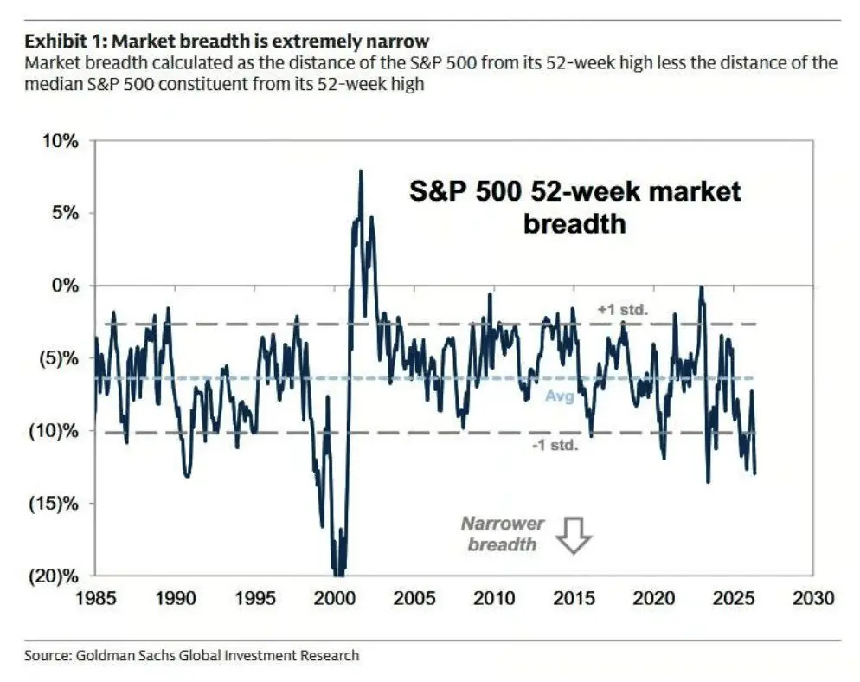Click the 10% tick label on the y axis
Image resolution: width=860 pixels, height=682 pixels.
61,141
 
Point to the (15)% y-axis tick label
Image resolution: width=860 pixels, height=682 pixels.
54,503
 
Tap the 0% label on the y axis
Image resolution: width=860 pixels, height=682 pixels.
65,286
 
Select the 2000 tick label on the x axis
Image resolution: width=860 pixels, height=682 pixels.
335,597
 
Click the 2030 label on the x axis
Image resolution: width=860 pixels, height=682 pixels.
813,597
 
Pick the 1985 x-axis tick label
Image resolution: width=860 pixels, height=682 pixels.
95,597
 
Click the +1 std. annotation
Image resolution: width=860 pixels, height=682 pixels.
623,310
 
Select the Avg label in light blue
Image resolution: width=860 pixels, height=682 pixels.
560,396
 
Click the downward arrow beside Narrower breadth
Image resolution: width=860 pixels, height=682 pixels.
574,535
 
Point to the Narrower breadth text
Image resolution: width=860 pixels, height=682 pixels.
503,534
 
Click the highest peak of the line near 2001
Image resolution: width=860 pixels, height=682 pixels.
360,170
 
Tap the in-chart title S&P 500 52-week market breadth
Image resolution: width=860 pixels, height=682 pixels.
574,208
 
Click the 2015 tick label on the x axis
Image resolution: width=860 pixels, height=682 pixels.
574,597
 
